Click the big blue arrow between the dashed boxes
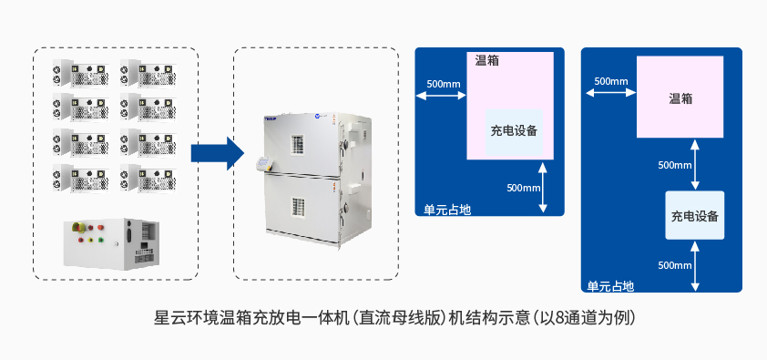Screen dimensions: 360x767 coord(214,152)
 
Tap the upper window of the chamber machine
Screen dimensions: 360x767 coord(295,144)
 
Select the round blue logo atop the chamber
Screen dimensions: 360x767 coord(319,117)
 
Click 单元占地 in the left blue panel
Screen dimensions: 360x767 coord(447,209)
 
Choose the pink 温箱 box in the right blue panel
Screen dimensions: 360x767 coord(680,98)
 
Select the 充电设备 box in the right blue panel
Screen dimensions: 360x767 coord(695,216)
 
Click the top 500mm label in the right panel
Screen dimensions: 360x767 coord(610,81)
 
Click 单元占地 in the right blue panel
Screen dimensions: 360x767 coord(610,285)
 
